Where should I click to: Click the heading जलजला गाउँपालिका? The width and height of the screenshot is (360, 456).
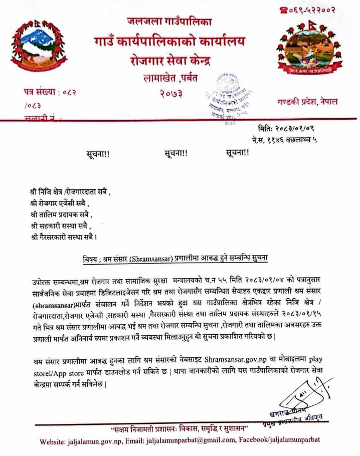coord(169,22)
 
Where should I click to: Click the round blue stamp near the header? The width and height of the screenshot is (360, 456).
coord(229,98)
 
